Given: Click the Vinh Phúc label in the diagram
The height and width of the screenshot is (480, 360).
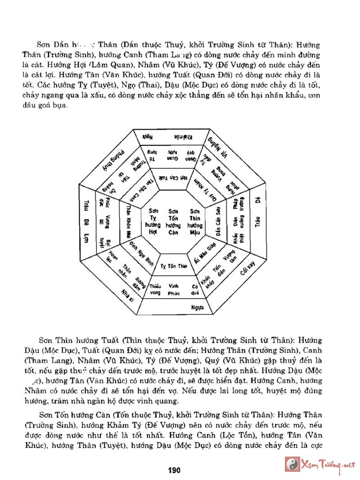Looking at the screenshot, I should click(x=174, y=289).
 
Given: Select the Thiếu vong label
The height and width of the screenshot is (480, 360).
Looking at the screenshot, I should click(x=154, y=289).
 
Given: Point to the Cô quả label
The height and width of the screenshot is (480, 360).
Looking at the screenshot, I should click(x=194, y=289).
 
